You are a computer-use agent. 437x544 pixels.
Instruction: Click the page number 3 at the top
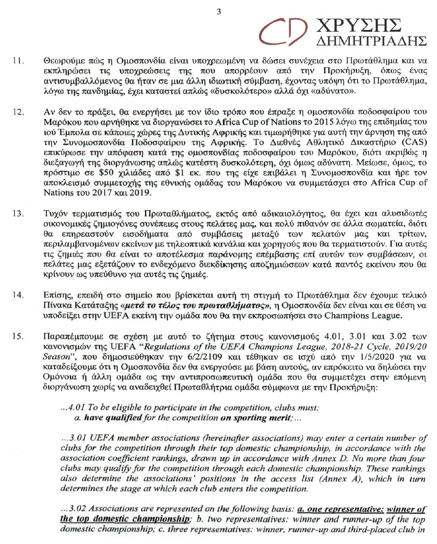[218, 11]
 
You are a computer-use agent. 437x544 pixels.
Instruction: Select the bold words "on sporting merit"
[256, 418]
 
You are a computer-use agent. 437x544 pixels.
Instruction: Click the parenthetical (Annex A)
[329, 479]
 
